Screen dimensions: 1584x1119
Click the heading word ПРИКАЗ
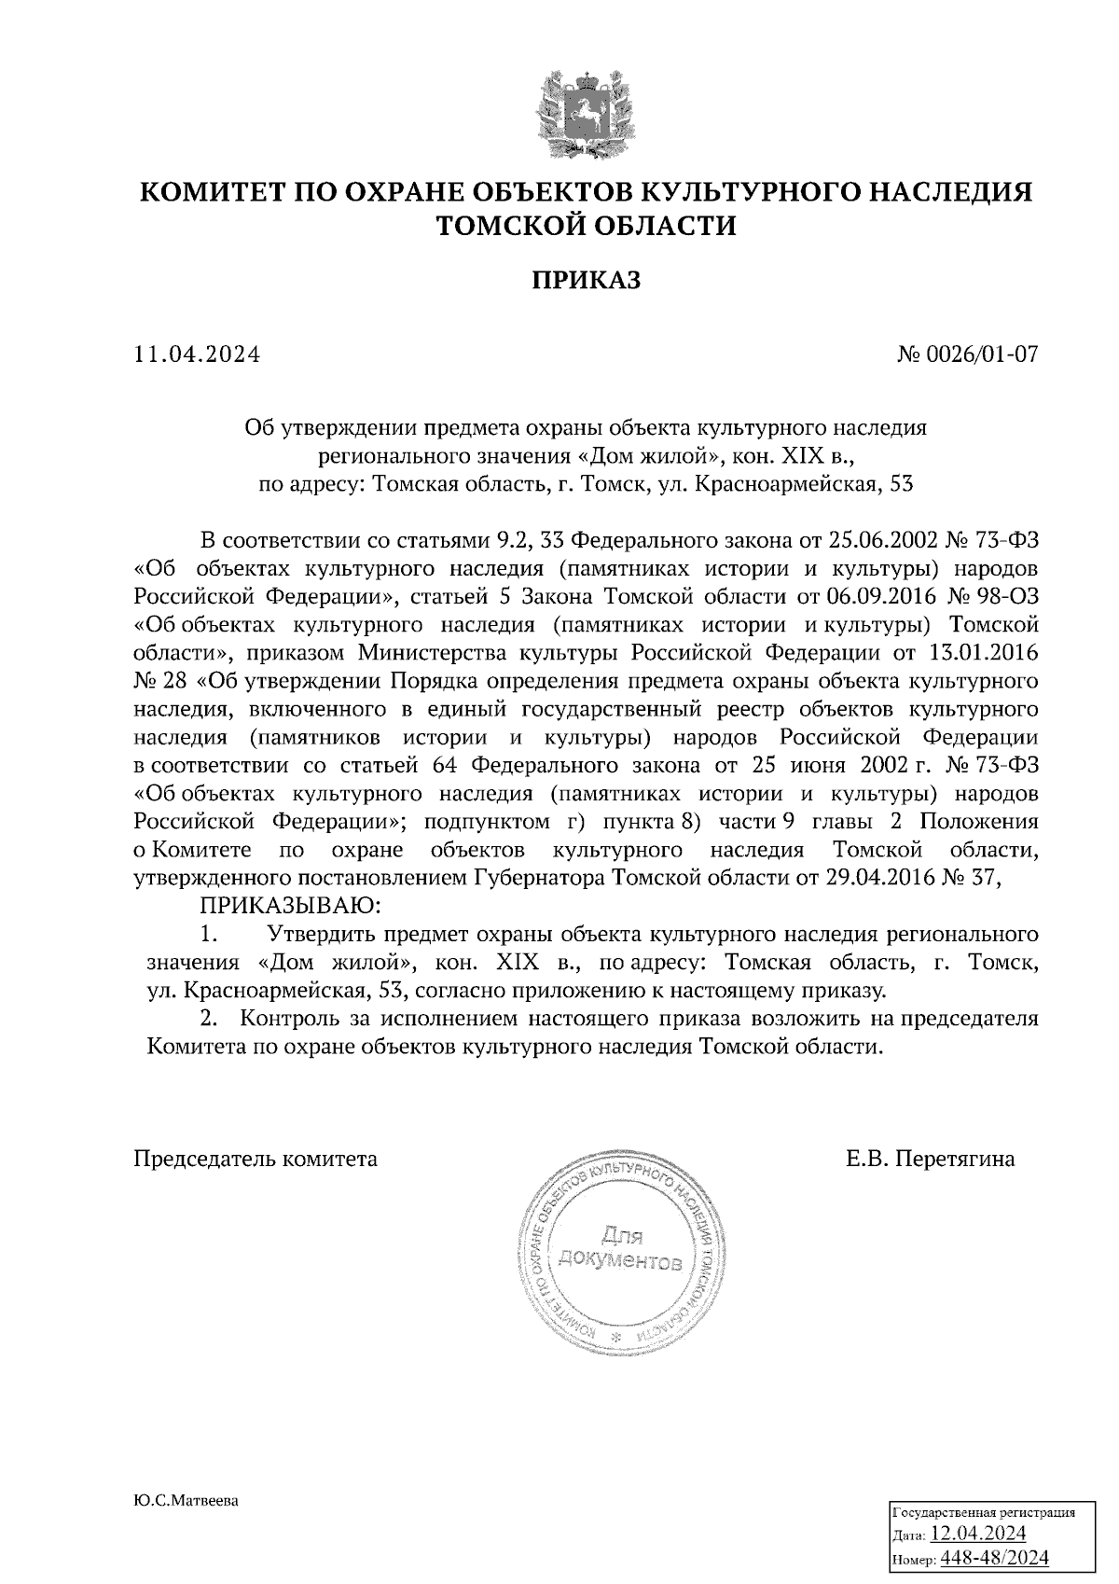click(587, 280)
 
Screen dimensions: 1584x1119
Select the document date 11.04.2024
click(197, 354)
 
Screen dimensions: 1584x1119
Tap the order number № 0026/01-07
click(967, 354)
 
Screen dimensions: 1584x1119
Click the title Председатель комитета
click(256, 1159)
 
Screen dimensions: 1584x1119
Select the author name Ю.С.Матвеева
click(186, 1501)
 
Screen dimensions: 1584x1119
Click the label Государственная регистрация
click(984, 1512)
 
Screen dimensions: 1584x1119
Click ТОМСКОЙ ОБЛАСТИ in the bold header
click(587, 225)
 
